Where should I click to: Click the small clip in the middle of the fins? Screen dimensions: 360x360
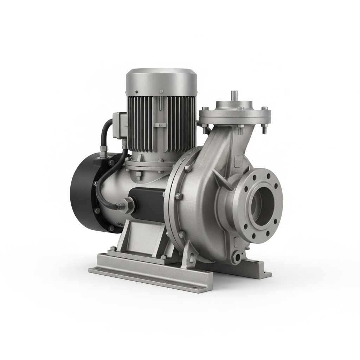161,125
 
